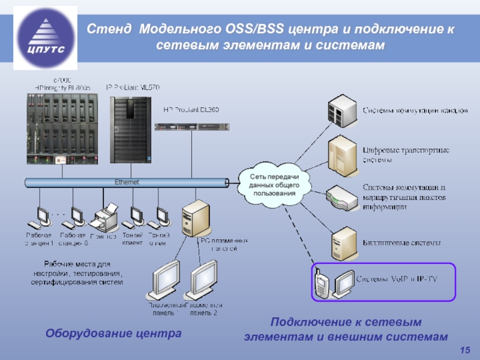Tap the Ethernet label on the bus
(127, 182)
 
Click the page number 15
(464, 350)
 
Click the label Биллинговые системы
(402, 243)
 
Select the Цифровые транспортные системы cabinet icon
(340, 154)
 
